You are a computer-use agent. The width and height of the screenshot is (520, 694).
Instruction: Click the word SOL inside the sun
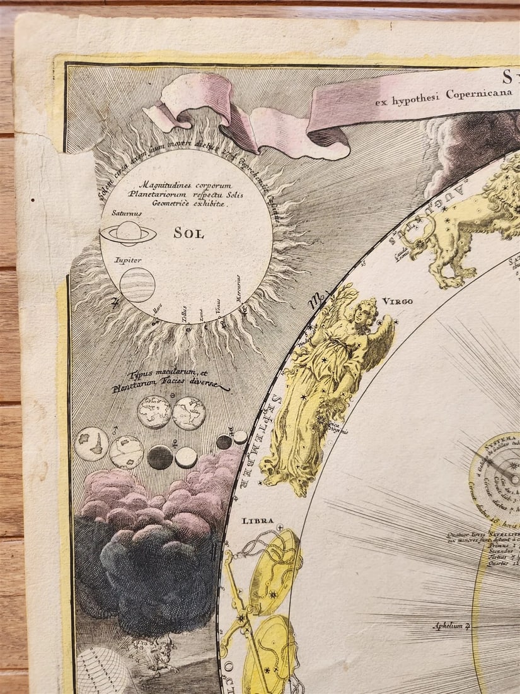click(x=189, y=233)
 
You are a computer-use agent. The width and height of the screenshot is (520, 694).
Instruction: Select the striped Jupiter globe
click(x=137, y=285)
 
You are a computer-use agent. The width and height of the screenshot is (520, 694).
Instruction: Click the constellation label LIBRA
click(x=257, y=521)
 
